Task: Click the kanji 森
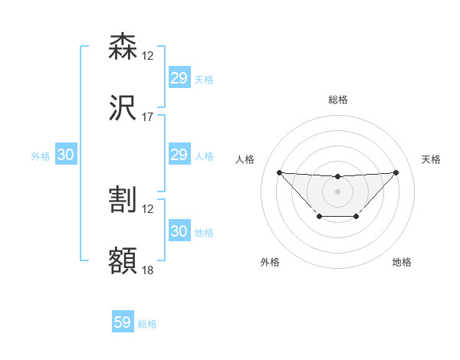123,47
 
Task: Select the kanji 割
123,200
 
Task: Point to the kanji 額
123,261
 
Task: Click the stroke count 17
148,117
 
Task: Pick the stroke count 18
148,270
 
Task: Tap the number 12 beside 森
148,56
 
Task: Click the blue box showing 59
123,322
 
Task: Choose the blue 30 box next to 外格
65,155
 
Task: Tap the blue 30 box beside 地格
179,231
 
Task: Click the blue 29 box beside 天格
179,78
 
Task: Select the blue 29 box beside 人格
179,155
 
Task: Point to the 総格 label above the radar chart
338,100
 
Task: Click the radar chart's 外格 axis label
270,262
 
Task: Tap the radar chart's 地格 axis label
402,262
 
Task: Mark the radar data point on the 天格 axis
396,172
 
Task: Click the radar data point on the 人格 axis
279,172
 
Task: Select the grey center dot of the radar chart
337,191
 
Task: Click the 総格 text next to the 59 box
147,324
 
